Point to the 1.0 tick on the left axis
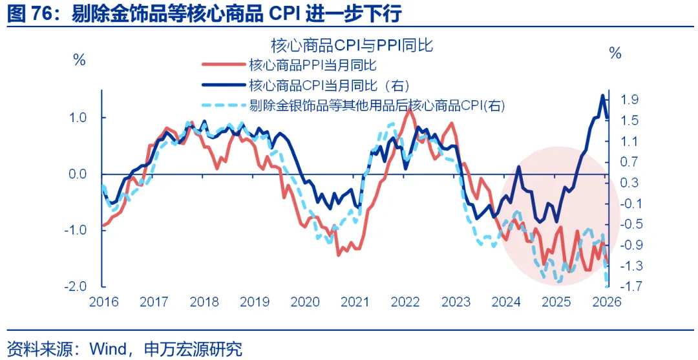pos(78,118)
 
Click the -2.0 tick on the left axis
pos(76,286)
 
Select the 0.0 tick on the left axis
pos(78,174)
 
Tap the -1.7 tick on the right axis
pos(629,286)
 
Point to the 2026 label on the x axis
pos(607,302)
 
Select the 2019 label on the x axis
pos(254,302)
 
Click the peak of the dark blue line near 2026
pos(603,96)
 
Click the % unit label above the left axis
pos(79,60)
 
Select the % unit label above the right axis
pos(615,54)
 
